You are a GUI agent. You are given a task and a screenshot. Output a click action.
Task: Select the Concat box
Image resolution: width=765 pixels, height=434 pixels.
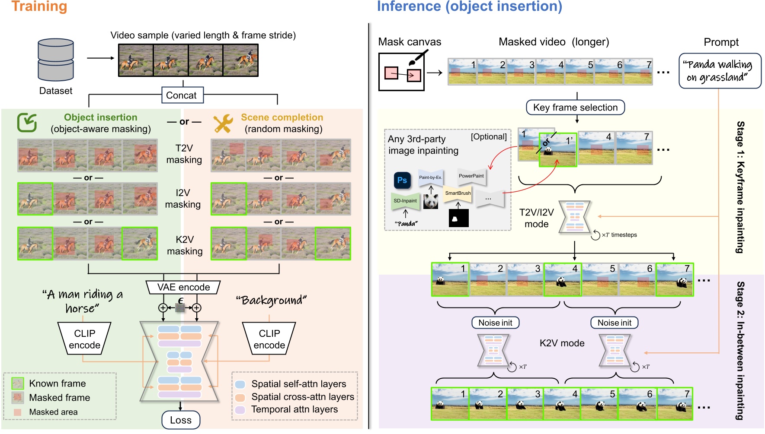click(182, 95)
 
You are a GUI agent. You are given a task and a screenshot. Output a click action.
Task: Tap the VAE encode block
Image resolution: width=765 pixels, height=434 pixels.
click(183, 287)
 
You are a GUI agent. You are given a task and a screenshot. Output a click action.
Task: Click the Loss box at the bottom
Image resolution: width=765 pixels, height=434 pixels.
click(180, 420)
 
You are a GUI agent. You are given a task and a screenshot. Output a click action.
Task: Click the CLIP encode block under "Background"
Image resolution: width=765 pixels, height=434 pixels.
click(269, 339)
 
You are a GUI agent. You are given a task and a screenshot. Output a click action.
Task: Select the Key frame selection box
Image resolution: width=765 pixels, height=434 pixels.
click(575, 108)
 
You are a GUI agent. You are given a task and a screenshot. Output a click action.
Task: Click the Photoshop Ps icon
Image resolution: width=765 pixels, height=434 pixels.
click(402, 180)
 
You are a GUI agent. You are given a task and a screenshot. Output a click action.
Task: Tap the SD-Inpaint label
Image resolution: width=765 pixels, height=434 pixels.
click(405, 201)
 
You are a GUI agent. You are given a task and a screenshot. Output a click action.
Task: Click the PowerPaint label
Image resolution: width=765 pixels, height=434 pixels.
click(471, 176)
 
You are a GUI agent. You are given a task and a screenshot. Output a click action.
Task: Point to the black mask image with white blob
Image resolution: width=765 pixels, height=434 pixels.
click(458, 219)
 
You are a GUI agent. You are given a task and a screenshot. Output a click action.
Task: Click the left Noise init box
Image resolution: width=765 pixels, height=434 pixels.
click(495, 323)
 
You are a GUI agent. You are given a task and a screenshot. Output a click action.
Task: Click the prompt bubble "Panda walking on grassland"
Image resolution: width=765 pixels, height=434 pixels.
click(720, 71)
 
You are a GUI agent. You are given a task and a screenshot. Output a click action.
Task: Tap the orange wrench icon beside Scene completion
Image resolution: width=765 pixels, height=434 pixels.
click(223, 123)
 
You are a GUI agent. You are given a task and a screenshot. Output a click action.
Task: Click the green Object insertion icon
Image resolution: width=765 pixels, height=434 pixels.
click(27, 122)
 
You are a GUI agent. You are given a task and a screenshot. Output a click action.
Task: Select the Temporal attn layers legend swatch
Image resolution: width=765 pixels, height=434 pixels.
click(240, 409)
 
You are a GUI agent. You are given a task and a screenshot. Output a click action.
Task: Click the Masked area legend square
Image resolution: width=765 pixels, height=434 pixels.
click(17, 412)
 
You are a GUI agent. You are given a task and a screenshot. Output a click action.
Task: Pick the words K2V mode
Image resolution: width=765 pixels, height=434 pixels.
click(562, 343)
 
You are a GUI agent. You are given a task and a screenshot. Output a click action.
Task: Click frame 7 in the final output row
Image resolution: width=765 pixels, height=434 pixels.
click(674, 404)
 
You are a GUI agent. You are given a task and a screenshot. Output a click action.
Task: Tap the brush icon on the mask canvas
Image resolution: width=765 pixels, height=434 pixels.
click(416, 58)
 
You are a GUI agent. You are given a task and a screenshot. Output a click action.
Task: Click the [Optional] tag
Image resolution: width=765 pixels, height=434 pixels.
click(489, 137)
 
